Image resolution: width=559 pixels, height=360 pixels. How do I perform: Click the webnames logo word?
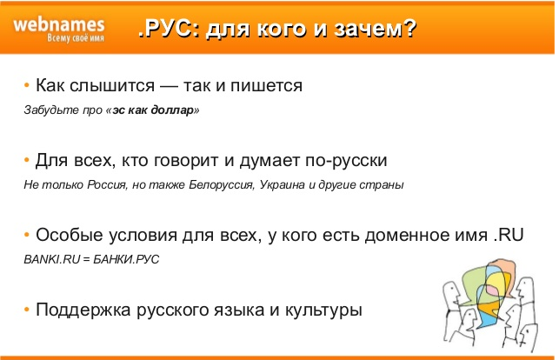click(x=59, y=25)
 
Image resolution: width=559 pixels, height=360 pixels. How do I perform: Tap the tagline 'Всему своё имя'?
click(x=76, y=38)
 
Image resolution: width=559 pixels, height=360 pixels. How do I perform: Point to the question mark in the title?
click(x=410, y=28)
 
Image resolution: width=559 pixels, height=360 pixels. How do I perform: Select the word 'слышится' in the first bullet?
click(x=112, y=85)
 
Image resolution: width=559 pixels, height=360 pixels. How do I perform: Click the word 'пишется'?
click(x=266, y=85)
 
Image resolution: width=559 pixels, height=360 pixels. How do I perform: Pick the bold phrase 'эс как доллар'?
click(x=153, y=110)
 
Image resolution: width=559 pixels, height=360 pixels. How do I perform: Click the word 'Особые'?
click(x=70, y=236)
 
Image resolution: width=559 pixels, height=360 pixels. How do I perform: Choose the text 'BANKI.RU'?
click(x=52, y=259)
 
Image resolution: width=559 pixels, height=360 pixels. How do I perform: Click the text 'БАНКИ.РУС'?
click(x=126, y=259)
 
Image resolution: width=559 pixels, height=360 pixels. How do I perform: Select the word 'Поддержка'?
click(x=83, y=310)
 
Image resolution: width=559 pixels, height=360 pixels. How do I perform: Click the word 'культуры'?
click(x=323, y=310)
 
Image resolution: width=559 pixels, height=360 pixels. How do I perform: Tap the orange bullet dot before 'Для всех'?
click(x=27, y=160)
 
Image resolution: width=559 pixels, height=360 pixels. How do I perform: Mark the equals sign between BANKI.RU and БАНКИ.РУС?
click(x=87, y=259)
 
